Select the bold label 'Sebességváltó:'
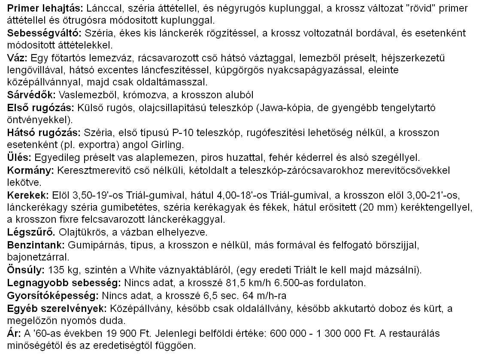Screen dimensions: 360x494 coord(45,33)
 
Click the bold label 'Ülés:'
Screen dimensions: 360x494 coord(20,157)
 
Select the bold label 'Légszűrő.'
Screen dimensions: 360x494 coord(31,233)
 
